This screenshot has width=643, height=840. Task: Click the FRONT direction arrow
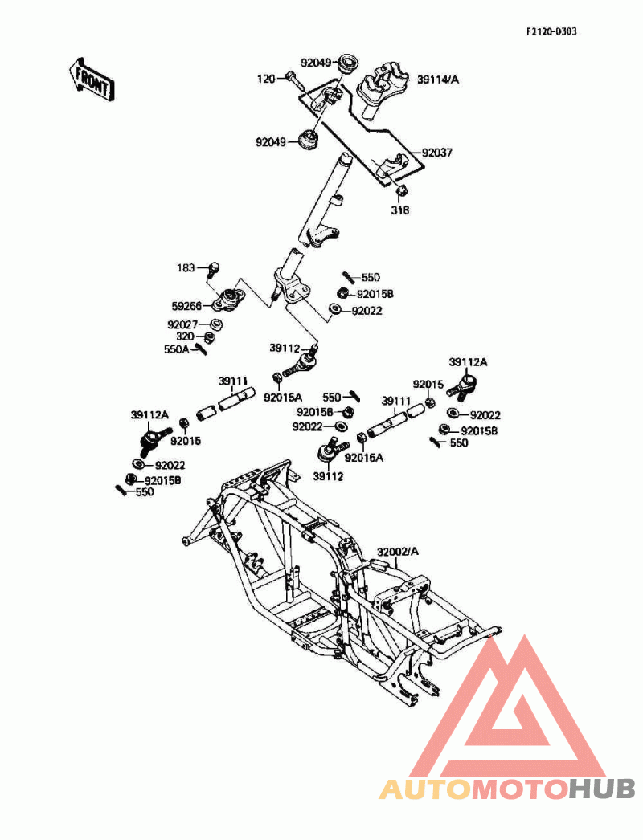91,80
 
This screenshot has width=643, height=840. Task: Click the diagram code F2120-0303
551,31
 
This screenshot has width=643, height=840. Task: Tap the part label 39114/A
438,80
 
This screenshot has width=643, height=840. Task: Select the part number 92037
437,153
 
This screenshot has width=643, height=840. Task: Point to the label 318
400,210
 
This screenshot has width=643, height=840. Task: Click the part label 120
266,80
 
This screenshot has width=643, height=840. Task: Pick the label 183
186,267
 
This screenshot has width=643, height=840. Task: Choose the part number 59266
186,306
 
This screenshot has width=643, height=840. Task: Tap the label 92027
182,324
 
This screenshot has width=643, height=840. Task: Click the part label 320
185,337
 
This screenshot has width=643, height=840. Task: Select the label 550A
177,349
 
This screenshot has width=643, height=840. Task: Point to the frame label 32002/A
397,552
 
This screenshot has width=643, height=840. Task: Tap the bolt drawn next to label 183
212,270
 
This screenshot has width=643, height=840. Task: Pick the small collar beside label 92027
216,324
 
